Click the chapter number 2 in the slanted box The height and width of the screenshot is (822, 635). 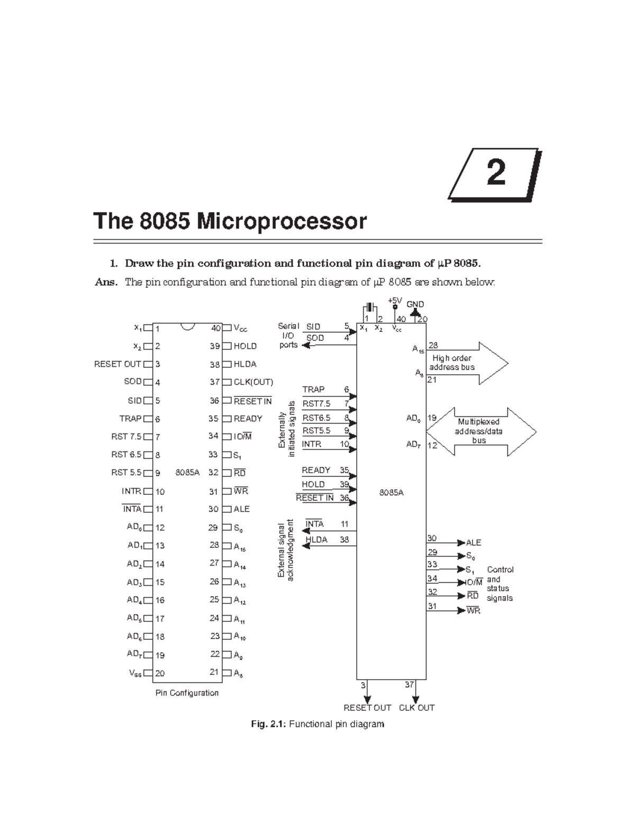click(x=495, y=174)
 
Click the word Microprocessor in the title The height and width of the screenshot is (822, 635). click(x=282, y=221)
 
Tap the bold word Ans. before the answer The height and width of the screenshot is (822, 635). click(x=106, y=282)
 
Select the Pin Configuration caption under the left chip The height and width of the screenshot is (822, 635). click(x=187, y=693)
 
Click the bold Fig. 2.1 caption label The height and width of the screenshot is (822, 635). click(x=268, y=724)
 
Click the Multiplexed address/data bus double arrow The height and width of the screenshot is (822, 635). click(x=480, y=431)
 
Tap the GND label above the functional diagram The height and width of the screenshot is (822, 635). click(x=415, y=304)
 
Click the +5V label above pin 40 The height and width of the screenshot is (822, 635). click(x=395, y=300)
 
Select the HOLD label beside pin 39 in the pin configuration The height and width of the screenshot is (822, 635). click(x=245, y=346)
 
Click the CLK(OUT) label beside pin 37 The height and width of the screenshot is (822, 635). click(x=253, y=382)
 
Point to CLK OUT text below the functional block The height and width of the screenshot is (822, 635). click(x=416, y=708)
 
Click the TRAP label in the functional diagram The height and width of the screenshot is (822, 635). click(x=313, y=390)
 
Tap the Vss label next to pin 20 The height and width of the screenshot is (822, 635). click(x=135, y=673)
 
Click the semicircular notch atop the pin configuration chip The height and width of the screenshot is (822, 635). click(x=187, y=327)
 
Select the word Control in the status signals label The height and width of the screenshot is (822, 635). click(x=500, y=570)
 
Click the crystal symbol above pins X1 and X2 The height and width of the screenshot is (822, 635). click(x=369, y=308)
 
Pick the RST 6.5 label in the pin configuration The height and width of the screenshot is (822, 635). click(x=126, y=454)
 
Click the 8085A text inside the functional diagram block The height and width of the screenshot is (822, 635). click(x=391, y=492)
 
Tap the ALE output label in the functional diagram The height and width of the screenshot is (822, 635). click(x=473, y=543)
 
